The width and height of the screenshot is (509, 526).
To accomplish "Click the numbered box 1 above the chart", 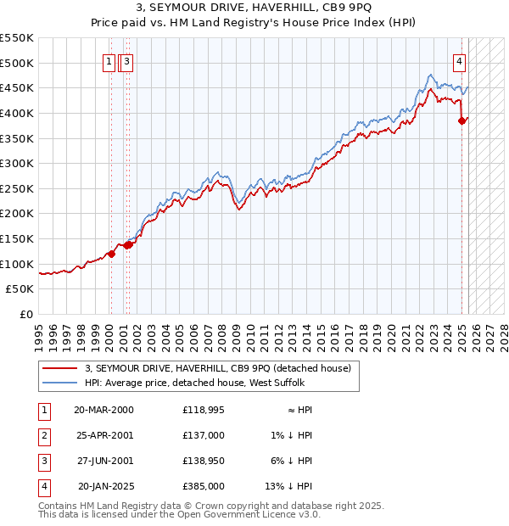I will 110,60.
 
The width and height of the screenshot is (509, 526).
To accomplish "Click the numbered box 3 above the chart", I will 126,60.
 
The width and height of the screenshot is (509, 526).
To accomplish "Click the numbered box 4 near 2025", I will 459,60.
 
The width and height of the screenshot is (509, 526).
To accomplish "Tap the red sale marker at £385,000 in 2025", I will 462,120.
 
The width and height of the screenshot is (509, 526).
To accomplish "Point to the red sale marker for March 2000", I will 111,254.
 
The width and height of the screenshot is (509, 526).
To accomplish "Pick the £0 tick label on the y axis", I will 27,314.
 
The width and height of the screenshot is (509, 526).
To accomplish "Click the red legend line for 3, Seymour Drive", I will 59,368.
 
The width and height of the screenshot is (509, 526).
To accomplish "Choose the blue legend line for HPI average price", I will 59,383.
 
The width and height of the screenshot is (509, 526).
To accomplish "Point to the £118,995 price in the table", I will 204,409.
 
